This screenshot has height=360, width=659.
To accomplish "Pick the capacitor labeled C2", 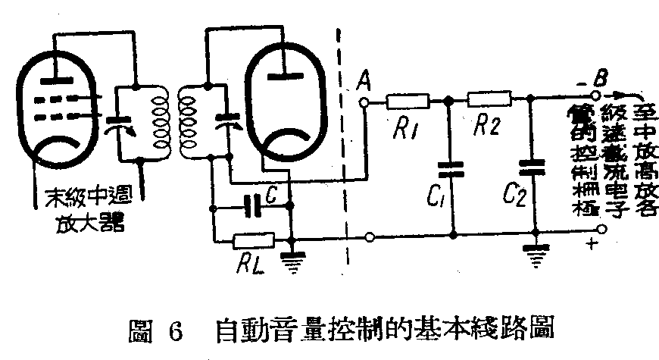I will click(535, 167).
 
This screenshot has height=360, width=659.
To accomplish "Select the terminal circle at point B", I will click(595, 96).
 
